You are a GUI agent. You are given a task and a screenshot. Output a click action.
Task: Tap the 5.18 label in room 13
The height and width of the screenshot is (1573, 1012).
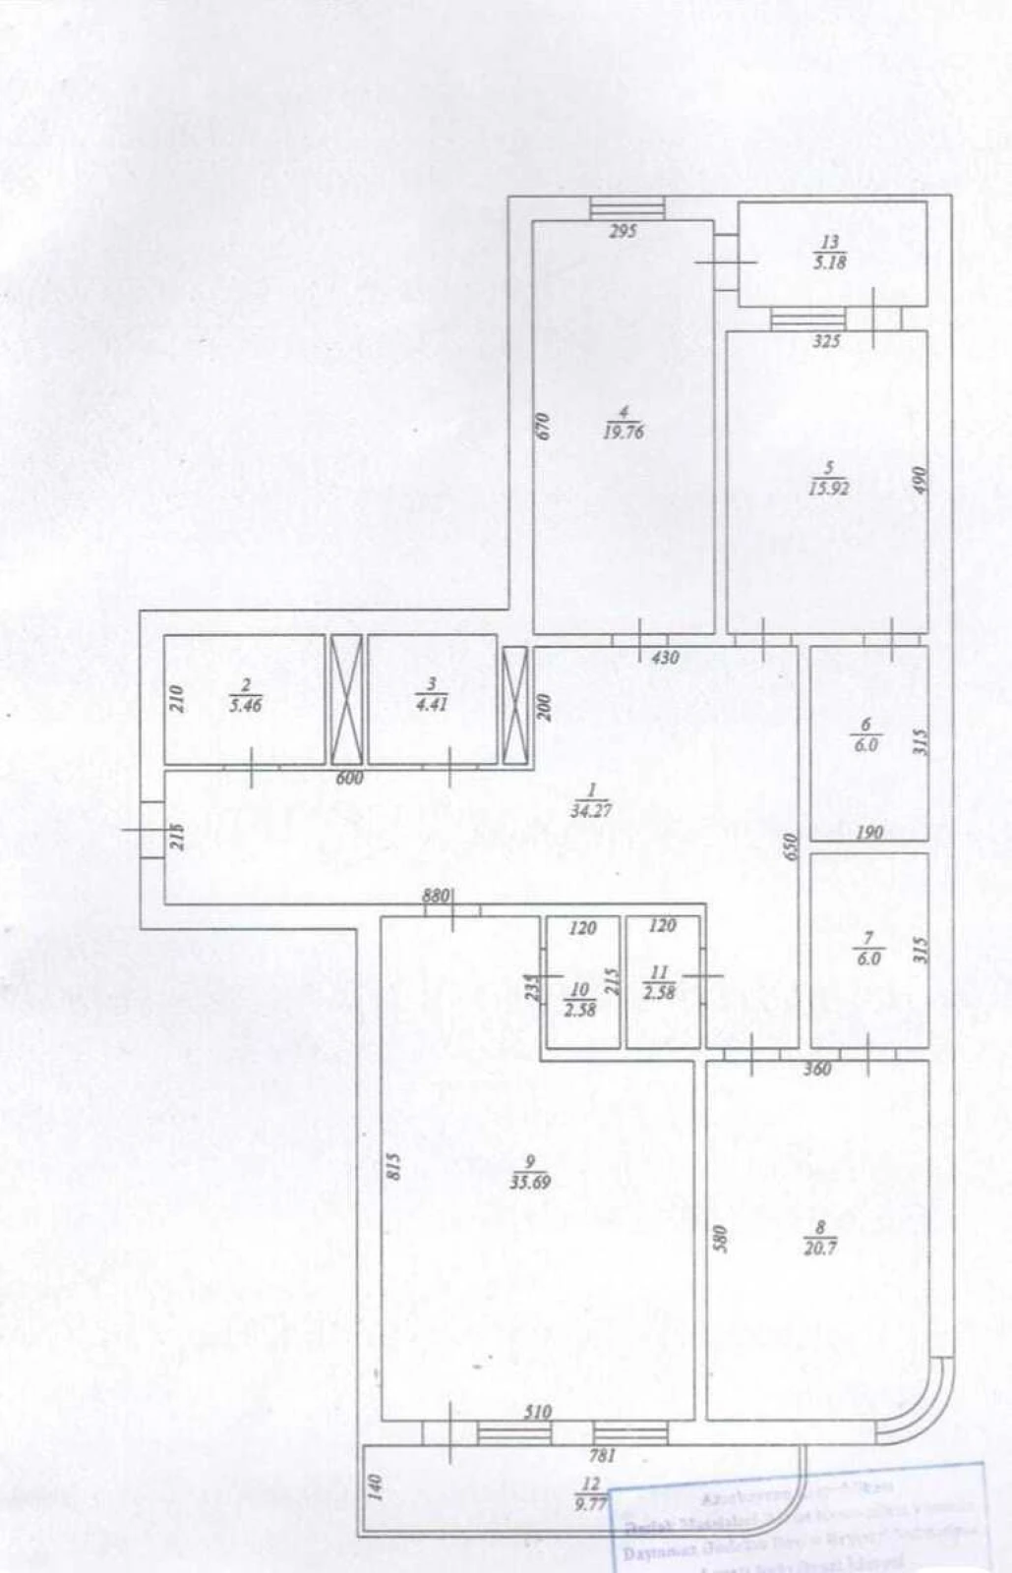(829, 262)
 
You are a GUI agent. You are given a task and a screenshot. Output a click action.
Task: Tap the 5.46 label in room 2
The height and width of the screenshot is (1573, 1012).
(244, 705)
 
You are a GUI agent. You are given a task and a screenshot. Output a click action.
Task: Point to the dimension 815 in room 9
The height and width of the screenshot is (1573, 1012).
(392, 1166)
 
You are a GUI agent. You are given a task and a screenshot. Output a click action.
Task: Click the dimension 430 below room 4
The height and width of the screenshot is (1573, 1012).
(666, 657)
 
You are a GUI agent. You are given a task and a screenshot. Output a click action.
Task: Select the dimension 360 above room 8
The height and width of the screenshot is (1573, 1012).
(817, 1069)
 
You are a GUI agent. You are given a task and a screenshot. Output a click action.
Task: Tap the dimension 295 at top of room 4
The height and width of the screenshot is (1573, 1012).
(624, 232)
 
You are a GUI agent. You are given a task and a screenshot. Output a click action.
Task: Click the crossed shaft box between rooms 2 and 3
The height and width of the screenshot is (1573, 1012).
(346, 700)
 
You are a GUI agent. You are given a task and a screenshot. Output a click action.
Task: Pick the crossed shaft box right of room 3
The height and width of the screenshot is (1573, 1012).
(514, 704)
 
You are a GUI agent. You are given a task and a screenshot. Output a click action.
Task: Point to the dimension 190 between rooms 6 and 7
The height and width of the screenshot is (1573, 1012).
(869, 833)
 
